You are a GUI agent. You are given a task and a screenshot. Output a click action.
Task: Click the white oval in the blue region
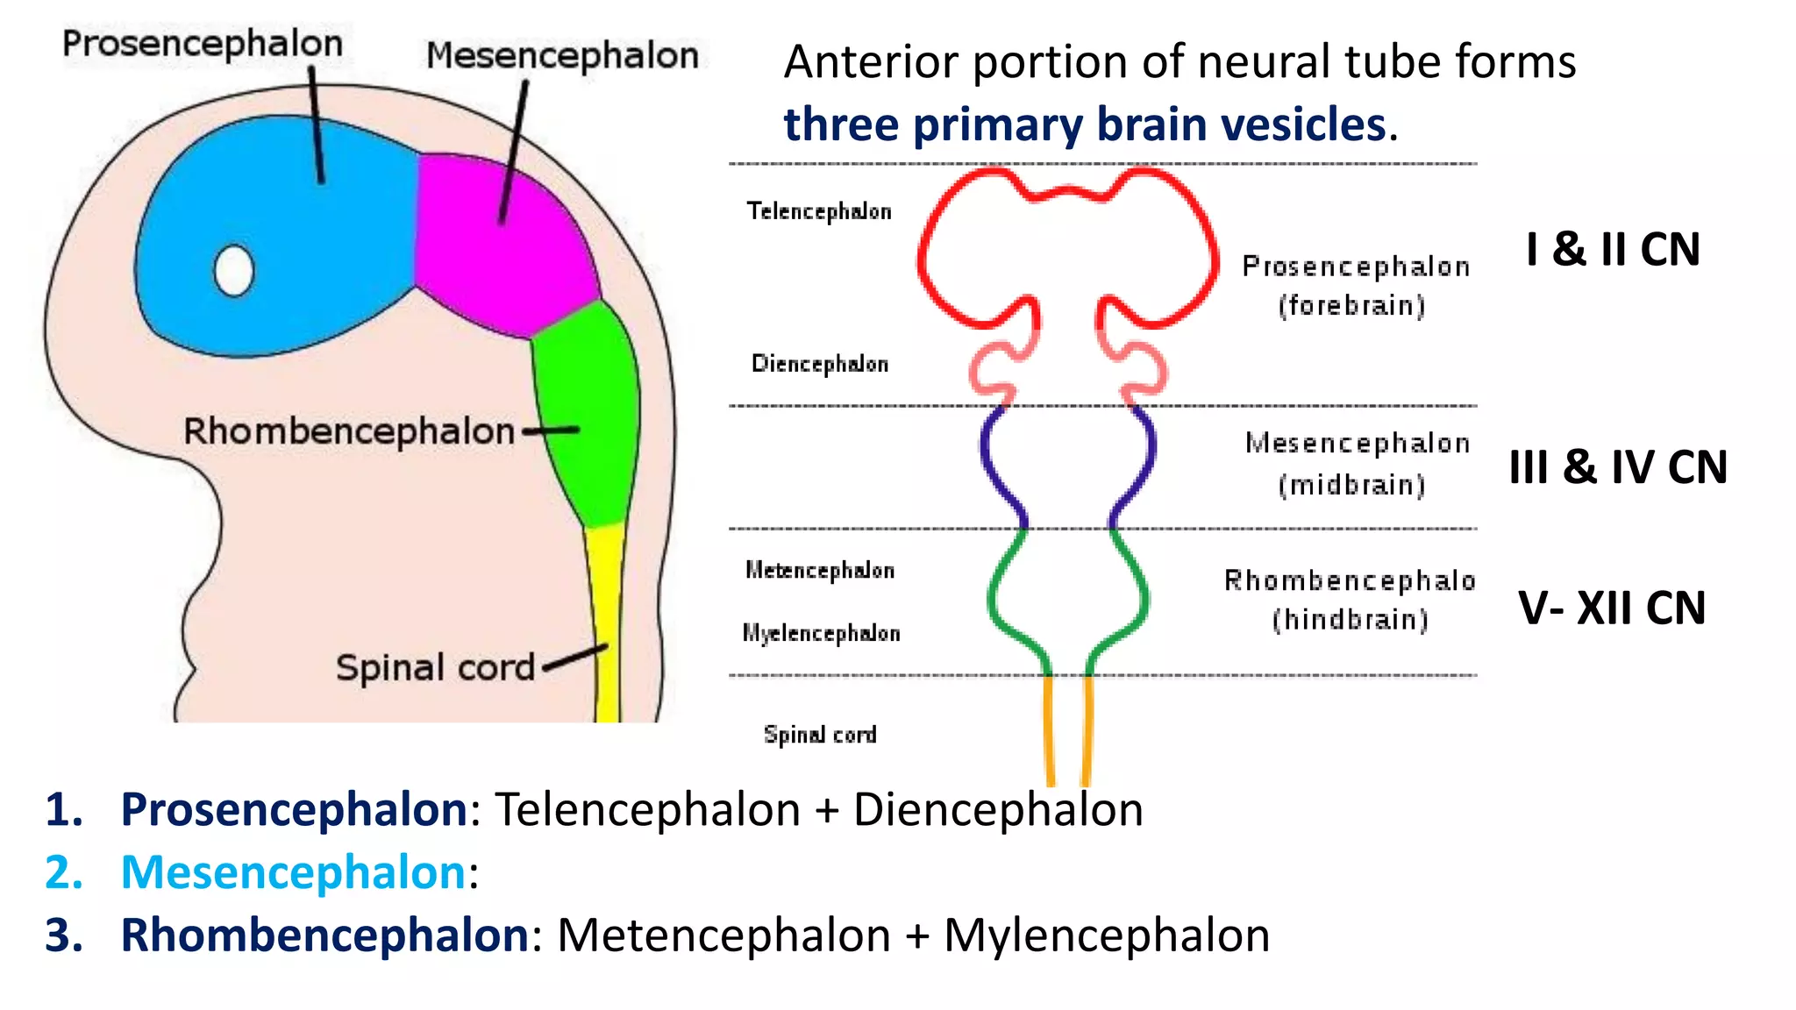tap(234, 271)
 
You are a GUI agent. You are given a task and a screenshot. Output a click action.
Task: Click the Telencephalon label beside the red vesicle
tap(819, 211)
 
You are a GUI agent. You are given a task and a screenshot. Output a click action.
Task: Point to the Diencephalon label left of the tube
tap(820, 364)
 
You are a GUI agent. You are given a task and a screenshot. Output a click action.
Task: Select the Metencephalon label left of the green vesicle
tap(820, 571)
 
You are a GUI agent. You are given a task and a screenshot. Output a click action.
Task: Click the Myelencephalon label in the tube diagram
tap(821, 633)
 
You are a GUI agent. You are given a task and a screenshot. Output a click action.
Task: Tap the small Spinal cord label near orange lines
tap(820, 735)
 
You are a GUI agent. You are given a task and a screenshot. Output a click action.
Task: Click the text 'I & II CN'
tap(1613, 250)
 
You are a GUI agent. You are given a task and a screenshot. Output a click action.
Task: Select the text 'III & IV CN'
tap(1618, 467)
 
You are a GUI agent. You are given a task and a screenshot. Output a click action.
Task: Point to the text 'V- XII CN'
tap(1612, 608)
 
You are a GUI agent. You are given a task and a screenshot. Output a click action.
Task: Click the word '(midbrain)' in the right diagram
tap(1351, 485)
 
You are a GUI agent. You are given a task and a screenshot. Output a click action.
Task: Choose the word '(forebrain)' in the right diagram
tap(1351, 306)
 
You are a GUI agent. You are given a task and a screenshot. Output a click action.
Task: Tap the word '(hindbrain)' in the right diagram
tap(1351, 620)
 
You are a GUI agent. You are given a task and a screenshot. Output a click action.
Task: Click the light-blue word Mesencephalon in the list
tap(293, 872)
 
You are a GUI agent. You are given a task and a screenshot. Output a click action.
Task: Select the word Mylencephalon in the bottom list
tap(1107, 935)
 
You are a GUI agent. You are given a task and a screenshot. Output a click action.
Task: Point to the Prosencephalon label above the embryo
tap(202, 44)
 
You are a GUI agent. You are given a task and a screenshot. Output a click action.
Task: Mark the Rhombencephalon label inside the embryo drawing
tap(349, 431)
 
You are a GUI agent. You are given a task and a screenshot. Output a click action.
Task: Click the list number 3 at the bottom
tap(63, 935)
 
